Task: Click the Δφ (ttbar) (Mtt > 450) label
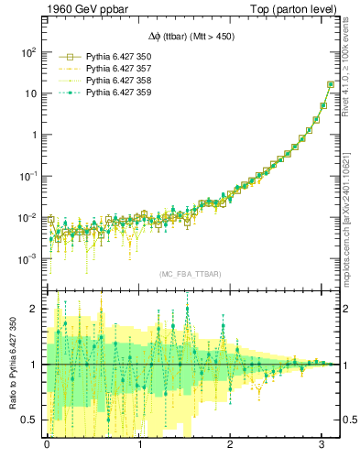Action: point(191,37)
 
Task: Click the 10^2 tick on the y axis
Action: point(27,52)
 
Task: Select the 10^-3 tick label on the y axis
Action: point(27,259)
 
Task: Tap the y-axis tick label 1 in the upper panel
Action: point(32,135)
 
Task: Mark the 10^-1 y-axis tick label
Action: point(27,177)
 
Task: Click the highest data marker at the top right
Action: point(330,84)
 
